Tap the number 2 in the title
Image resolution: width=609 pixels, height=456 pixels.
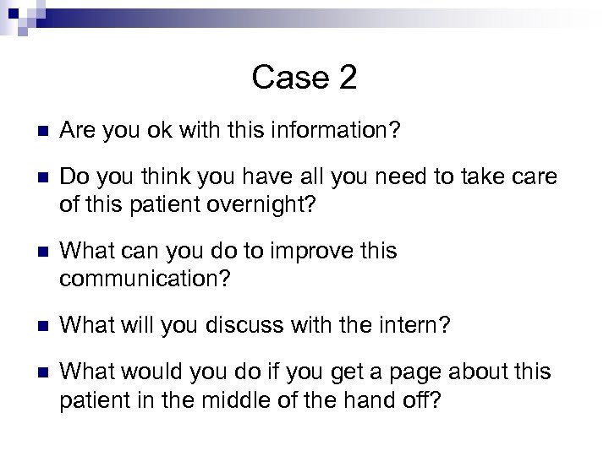click(x=347, y=79)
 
